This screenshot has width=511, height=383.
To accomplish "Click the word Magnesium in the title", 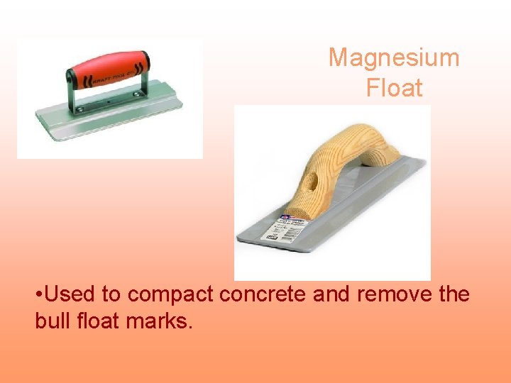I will coord(393,57).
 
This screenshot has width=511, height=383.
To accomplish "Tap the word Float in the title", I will coord(394,88).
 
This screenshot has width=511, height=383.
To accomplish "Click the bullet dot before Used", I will coord(38,294).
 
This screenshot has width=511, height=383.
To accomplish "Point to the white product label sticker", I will coord(286,229).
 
